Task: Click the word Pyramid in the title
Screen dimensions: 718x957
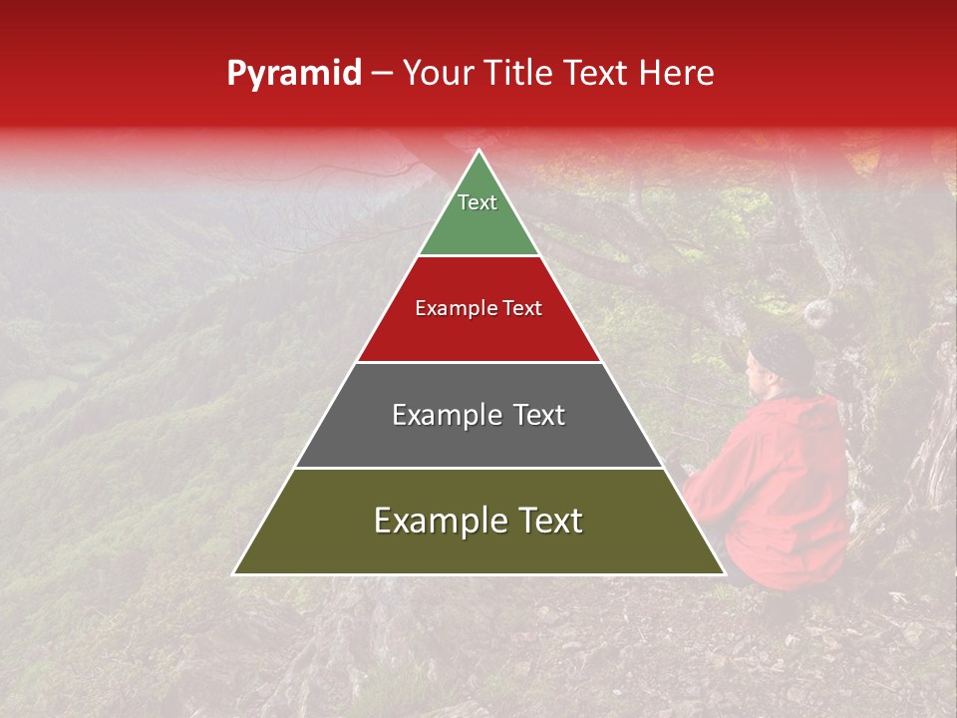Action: (293, 74)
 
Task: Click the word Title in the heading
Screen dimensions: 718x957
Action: (517, 74)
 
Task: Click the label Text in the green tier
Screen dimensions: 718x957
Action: (478, 202)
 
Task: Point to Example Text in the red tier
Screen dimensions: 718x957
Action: (478, 308)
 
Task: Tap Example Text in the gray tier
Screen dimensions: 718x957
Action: (478, 415)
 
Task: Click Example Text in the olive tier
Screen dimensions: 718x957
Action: (478, 521)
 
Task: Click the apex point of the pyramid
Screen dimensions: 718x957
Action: (479, 151)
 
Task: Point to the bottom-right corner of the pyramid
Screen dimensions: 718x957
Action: (724, 573)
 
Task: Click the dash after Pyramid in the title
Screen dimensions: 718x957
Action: (381, 74)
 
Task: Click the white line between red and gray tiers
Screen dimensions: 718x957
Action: (478, 362)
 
